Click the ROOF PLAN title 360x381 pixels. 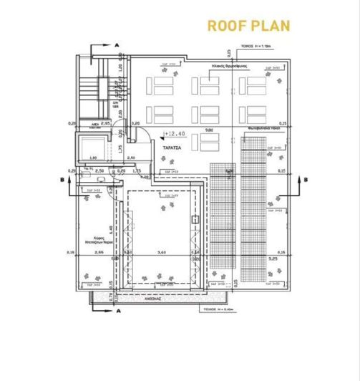248,26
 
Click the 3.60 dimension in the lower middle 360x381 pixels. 162,252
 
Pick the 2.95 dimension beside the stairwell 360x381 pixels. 105,123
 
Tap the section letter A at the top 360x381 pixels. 117,44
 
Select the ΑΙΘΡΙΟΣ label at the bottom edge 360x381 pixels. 165,301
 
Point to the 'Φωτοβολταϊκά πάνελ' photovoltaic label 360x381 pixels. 266,129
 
